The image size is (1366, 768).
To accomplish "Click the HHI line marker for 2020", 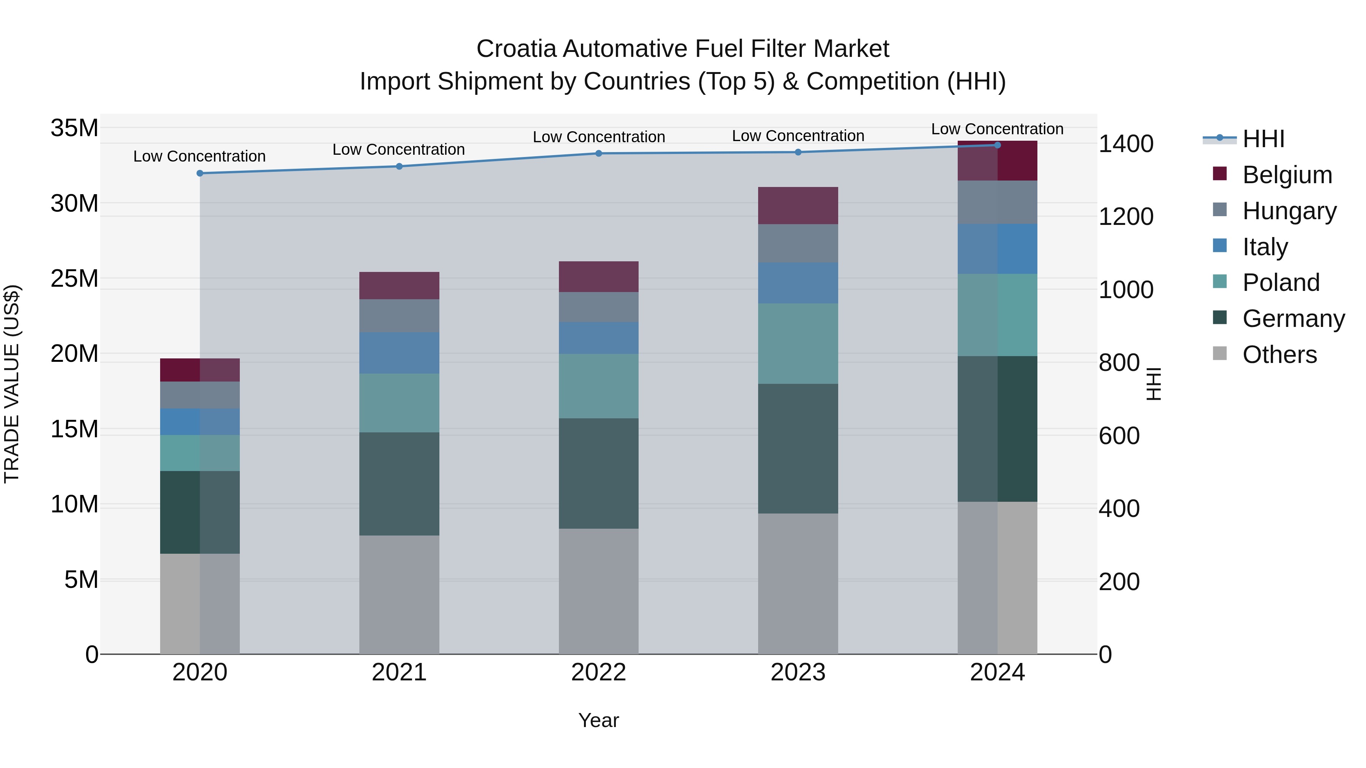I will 200,173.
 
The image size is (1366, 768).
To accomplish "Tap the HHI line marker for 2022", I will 599,154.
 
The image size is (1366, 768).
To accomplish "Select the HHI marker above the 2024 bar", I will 998,145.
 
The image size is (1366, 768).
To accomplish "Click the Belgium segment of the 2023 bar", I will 798,206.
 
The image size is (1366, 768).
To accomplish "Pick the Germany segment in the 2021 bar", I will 399,484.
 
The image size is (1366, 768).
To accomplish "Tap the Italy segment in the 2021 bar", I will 399,353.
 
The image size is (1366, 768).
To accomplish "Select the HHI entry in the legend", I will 1263,139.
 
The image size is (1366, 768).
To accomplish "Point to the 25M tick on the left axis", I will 74,279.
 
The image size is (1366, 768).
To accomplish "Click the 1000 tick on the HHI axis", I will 1126,290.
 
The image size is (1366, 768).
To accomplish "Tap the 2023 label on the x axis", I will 798,672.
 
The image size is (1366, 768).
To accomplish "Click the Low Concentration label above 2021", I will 399,150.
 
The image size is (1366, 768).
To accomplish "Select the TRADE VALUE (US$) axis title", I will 12,384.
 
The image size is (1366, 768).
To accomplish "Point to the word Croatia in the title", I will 516,49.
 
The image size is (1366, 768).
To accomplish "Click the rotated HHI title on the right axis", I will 1154,384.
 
